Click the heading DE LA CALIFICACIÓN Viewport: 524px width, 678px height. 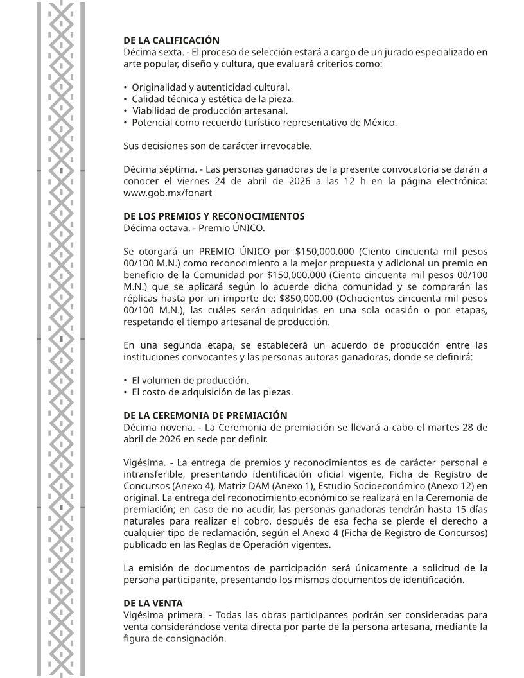point(171,40)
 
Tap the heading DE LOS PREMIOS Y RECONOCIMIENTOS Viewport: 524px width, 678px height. point(214,216)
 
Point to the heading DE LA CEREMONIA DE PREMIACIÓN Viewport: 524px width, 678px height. point(205,415)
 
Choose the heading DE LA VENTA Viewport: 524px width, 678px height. point(153,603)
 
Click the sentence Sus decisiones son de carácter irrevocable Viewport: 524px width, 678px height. point(217,146)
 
